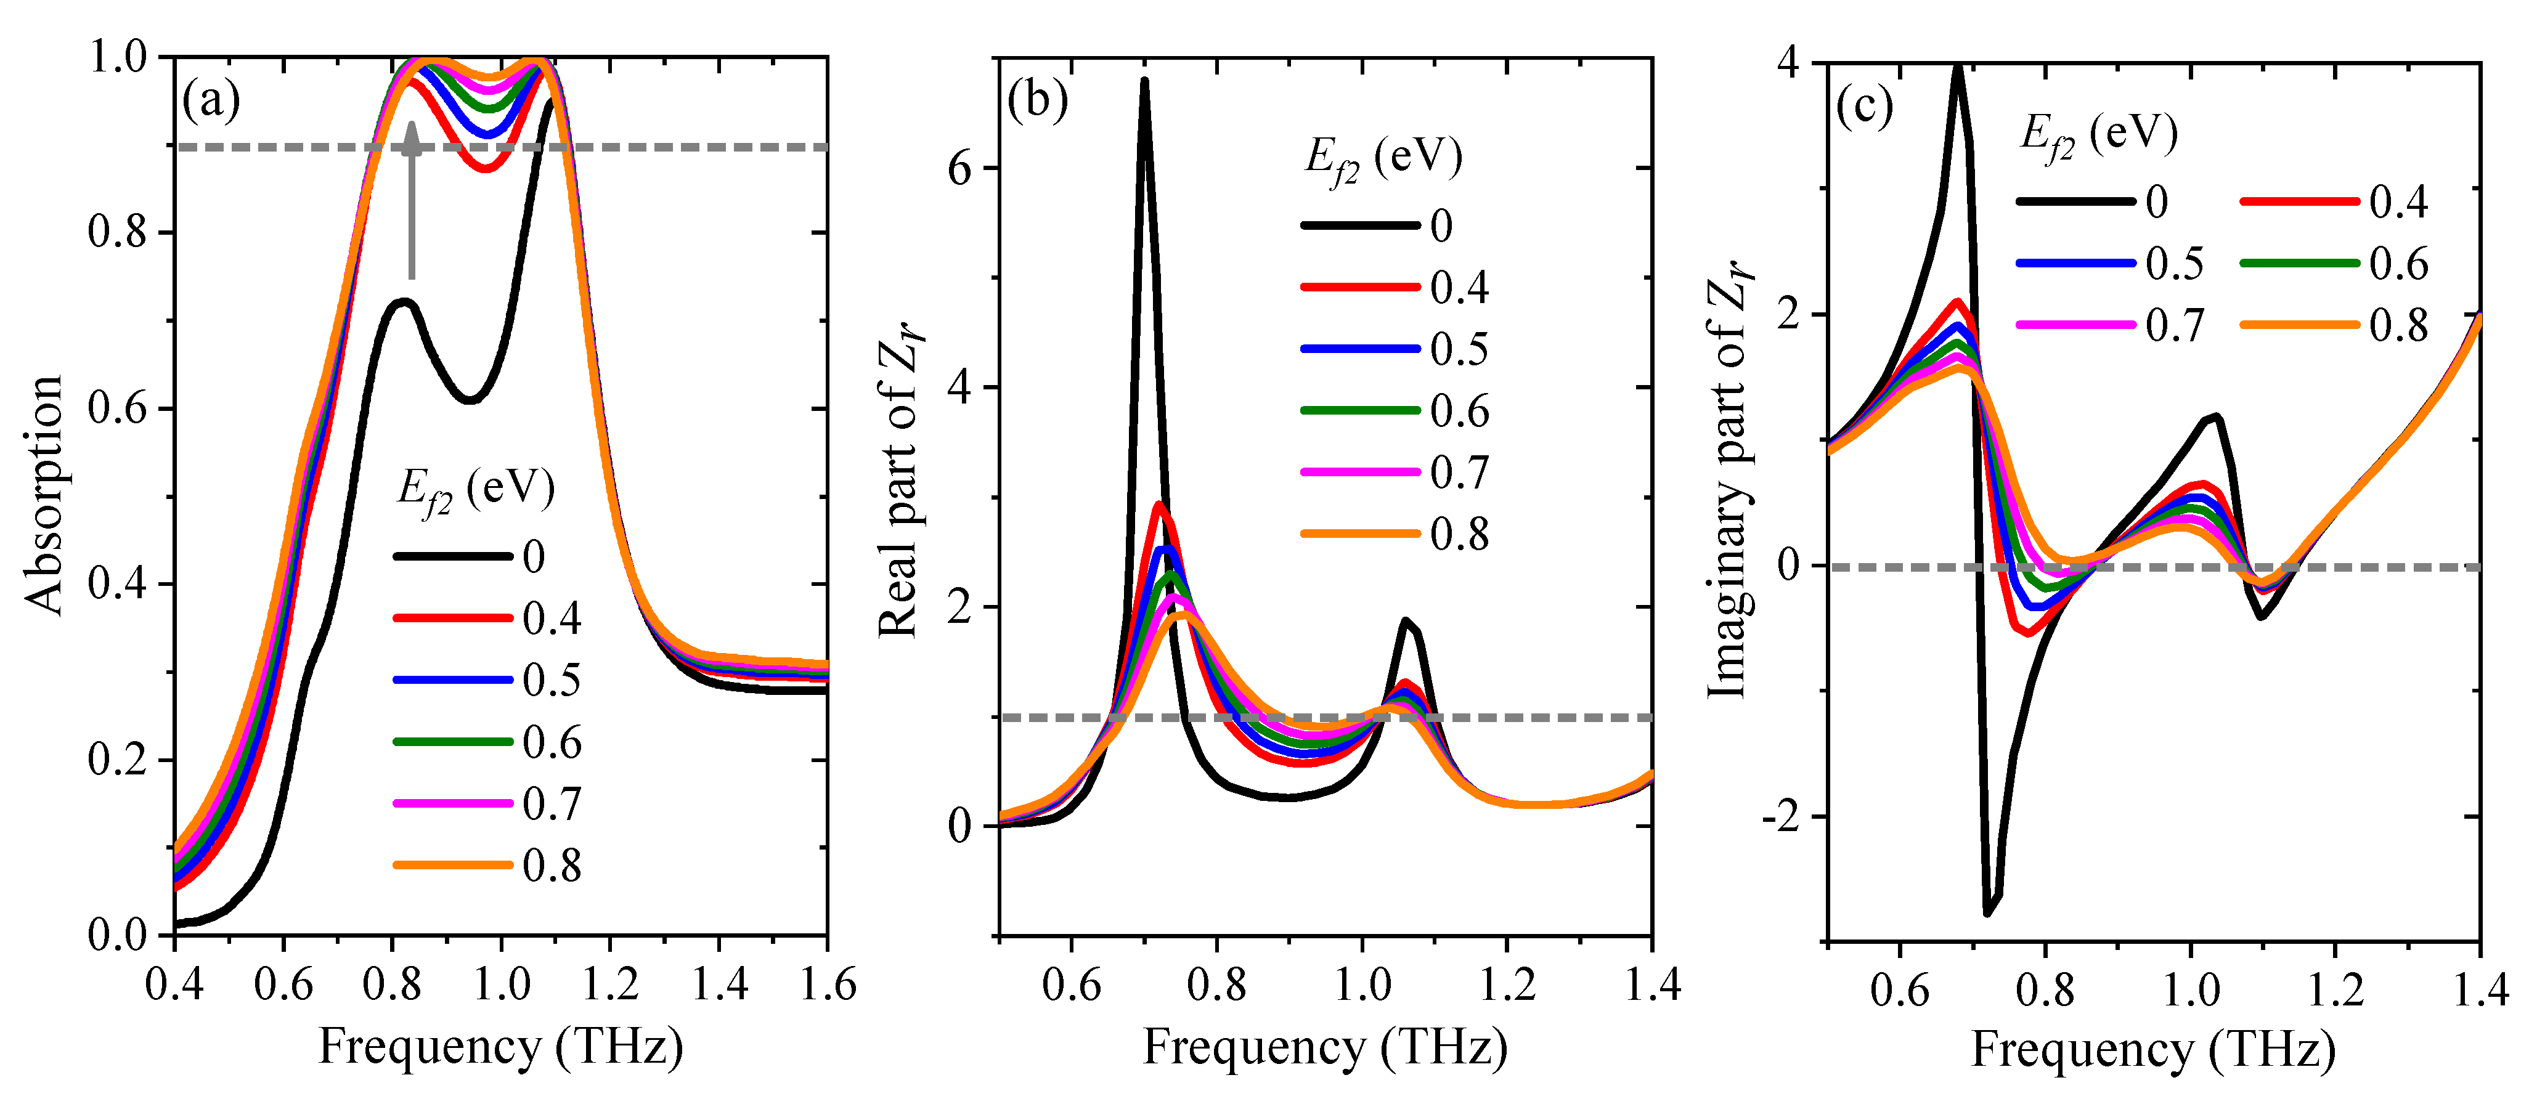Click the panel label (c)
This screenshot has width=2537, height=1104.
click(1864, 107)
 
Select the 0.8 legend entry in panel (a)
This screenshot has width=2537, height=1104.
click(487, 866)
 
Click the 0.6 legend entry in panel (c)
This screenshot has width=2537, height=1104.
click(2334, 264)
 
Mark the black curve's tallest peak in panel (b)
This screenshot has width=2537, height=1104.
click(1144, 81)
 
